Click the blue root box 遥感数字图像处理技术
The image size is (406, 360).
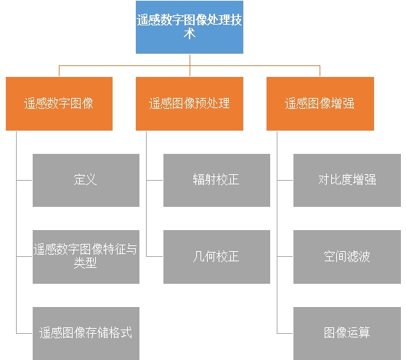point(190,27)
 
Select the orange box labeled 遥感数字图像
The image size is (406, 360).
point(59,104)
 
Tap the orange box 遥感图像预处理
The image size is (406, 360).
point(190,104)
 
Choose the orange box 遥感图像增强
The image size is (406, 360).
point(320,104)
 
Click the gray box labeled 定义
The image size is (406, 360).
point(86,181)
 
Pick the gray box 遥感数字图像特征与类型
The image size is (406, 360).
point(86,257)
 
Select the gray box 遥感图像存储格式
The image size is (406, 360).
point(86,333)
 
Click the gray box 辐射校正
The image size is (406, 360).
point(216,181)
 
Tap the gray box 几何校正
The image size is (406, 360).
point(216,257)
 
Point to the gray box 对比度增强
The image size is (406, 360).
point(347,181)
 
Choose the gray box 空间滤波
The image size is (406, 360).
point(347,257)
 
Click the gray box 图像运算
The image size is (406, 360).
point(347,333)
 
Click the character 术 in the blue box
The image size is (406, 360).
point(190,34)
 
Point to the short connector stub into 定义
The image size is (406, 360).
point(25,180)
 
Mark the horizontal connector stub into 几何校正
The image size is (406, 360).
point(155,256)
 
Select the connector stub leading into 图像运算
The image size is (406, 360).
point(285,333)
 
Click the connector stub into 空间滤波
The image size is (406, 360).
point(285,256)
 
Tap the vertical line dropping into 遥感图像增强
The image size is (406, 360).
point(320,71)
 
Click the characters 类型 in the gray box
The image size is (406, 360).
point(85,263)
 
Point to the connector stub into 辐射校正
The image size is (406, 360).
point(155,180)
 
